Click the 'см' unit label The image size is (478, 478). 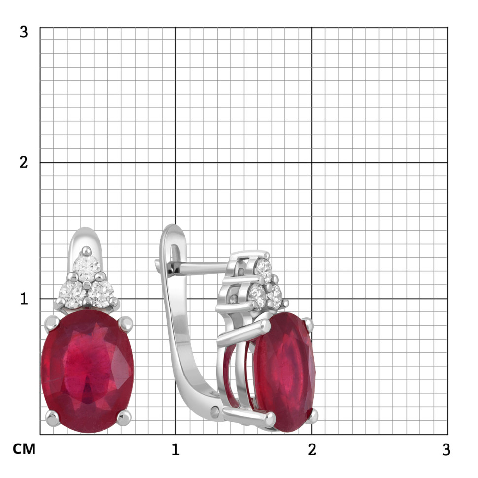click(24, 449)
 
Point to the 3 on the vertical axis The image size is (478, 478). click(24, 32)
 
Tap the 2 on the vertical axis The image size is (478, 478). click(24, 162)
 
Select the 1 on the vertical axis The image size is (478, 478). click(24, 299)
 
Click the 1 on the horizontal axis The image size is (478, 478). click(175, 449)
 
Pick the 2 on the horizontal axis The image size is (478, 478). click(312, 449)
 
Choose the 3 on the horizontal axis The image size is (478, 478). click(446, 449)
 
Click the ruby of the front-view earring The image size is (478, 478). click(87, 371)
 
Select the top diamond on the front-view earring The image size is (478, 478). click(87, 268)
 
